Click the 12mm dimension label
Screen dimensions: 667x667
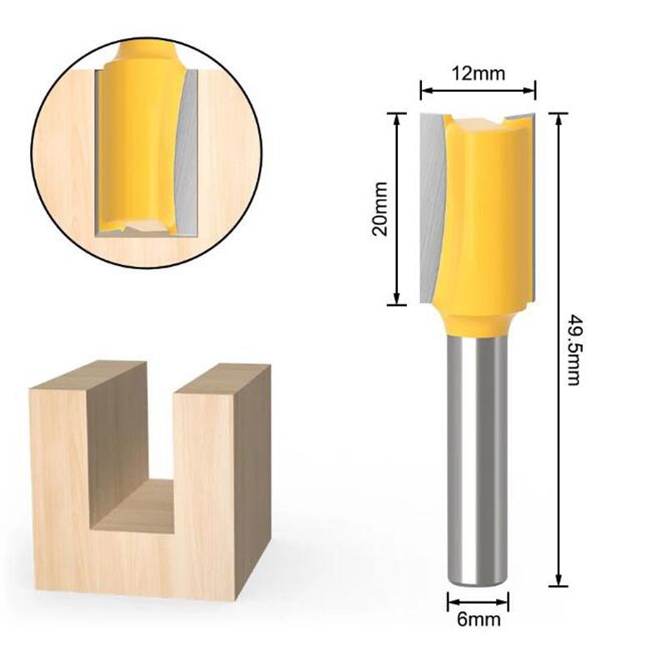coord(478,73)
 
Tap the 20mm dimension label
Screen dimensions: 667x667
coord(381,208)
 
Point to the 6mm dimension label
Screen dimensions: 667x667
coord(478,619)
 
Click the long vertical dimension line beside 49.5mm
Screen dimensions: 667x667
coord(557,350)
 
